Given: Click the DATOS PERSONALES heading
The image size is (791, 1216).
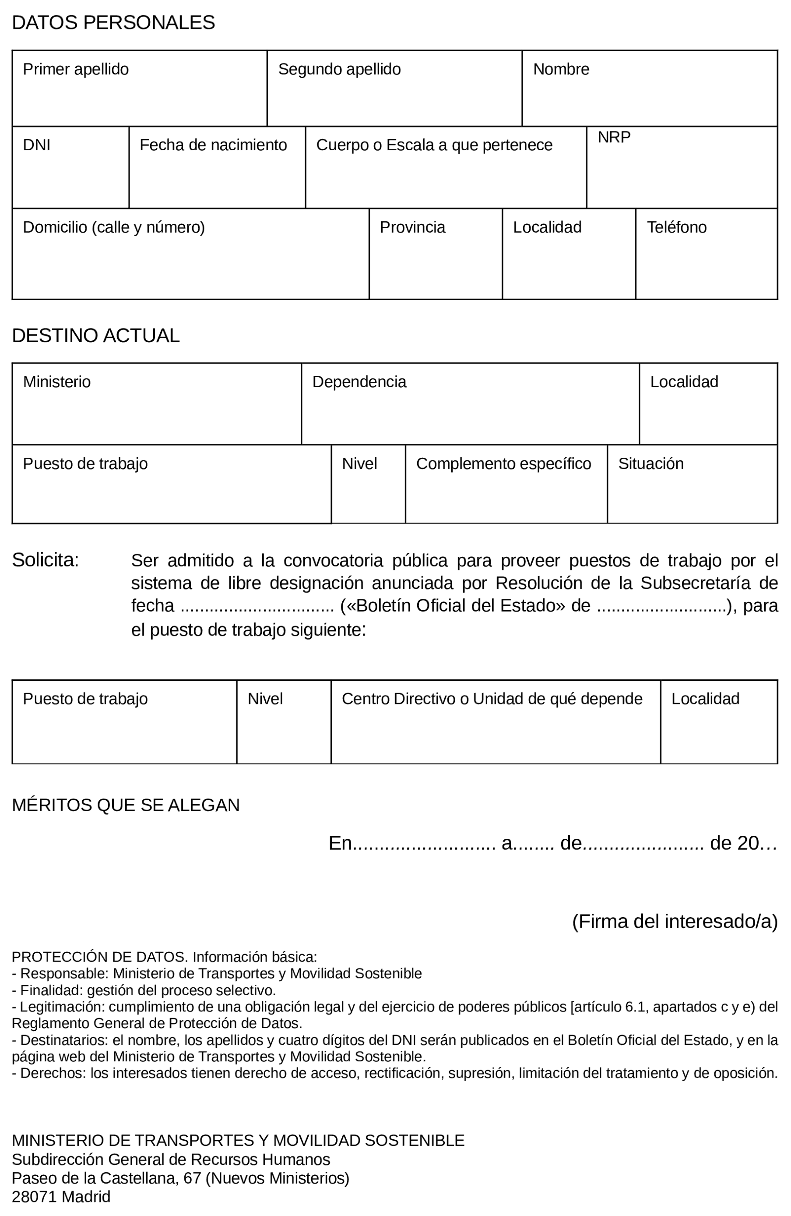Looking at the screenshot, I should click(113, 23).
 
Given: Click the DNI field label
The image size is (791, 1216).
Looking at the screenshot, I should click(37, 145).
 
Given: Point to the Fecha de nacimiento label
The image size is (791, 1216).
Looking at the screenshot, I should click(213, 145).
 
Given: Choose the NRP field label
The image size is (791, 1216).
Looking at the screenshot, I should click(614, 138).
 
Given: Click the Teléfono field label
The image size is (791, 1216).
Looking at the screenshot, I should click(676, 227).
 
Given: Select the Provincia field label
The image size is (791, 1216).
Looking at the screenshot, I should click(412, 227).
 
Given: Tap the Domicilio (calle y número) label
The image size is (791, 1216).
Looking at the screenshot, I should click(114, 227).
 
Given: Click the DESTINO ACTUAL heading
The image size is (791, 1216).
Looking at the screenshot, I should click(95, 336).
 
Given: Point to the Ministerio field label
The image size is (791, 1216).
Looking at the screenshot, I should click(56, 382).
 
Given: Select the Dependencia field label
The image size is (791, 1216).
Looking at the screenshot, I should click(359, 382).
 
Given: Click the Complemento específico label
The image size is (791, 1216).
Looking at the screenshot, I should click(503, 464).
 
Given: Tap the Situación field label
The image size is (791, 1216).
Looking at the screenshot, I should click(650, 464).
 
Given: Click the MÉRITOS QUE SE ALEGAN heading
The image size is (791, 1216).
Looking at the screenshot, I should click(126, 805).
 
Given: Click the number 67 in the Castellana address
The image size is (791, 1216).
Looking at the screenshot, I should click(192, 1178).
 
